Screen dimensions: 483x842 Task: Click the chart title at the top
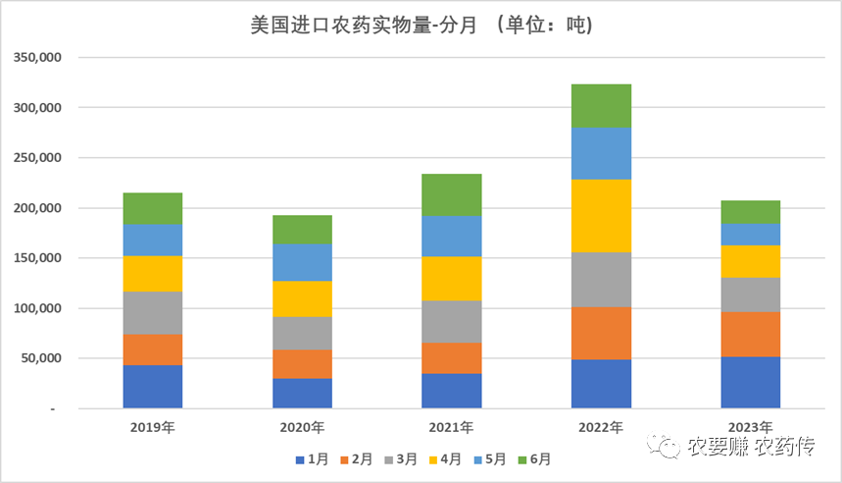tap(421, 24)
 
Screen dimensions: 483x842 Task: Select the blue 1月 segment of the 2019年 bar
tap(153, 386)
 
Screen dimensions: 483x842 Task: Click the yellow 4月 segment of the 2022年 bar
tap(601, 216)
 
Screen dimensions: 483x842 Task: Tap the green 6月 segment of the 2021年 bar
tap(452, 194)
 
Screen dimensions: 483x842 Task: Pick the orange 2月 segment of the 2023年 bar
tap(751, 334)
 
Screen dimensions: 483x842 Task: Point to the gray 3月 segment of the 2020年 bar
tap(302, 333)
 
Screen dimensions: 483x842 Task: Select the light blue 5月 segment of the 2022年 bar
tap(601, 153)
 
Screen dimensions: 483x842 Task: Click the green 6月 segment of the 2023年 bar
tap(751, 211)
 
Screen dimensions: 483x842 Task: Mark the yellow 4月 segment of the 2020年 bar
tap(302, 298)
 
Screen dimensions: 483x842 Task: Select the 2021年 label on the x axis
tap(452, 428)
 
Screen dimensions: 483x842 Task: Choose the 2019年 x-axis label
tap(153, 428)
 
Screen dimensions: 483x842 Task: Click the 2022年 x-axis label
tap(601, 428)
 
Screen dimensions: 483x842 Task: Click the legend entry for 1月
tap(313, 458)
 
